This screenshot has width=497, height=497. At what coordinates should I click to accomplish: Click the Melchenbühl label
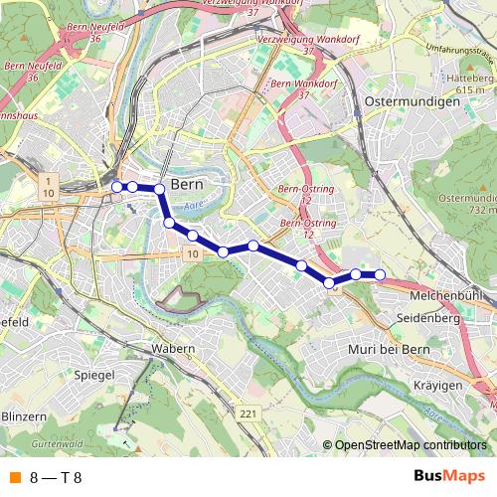tap(446, 295)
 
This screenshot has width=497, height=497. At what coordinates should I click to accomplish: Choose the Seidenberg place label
tap(424, 319)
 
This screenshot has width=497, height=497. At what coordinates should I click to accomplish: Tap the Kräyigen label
tap(438, 384)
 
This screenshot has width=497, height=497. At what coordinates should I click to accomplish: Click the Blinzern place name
tap(24, 415)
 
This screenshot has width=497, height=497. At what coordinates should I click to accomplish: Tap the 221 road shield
tap(248, 413)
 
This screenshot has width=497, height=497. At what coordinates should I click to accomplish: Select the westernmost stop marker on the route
tap(117, 186)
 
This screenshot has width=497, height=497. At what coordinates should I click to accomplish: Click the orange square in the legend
tap(13, 477)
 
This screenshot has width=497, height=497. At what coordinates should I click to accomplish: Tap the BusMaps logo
tap(448, 476)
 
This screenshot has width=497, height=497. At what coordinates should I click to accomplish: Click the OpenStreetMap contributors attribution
tap(412, 444)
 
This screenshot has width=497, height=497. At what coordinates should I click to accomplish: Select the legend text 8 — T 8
tap(56, 477)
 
